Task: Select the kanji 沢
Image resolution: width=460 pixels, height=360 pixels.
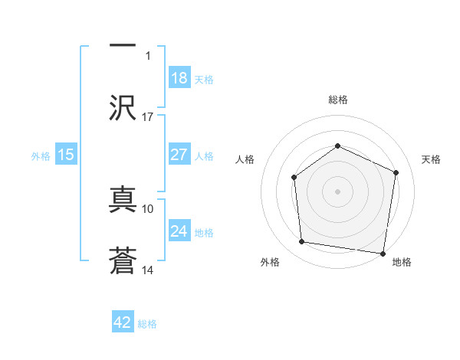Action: [123, 106]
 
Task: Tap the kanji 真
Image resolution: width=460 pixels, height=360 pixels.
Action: [123, 198]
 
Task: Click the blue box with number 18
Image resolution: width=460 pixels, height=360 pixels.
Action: [179, 78]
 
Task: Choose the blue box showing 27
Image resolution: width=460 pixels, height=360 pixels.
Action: [179, 155]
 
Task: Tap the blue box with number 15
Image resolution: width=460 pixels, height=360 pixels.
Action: [66, 155]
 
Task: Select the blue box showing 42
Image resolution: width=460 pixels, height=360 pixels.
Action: [123, 322]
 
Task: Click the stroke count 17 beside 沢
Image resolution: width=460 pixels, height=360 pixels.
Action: [148, 117]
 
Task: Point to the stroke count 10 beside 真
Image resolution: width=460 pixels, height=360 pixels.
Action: [148, 208]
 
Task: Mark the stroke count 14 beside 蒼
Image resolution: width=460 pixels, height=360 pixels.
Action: [148, 270]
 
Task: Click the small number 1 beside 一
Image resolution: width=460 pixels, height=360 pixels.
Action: [149, 55]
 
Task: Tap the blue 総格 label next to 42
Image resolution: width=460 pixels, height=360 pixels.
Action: [147, 324]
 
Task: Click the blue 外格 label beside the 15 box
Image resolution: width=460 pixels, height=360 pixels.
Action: [41, 156]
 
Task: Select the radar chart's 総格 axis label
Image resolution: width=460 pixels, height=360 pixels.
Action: [337, 100]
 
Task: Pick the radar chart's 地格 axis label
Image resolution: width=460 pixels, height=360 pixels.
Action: [402, 263]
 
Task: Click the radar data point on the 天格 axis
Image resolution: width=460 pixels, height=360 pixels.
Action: [396, 172]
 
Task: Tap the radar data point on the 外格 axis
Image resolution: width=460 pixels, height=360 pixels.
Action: [302, 242]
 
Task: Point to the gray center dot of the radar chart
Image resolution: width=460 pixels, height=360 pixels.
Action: [337, 191]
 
